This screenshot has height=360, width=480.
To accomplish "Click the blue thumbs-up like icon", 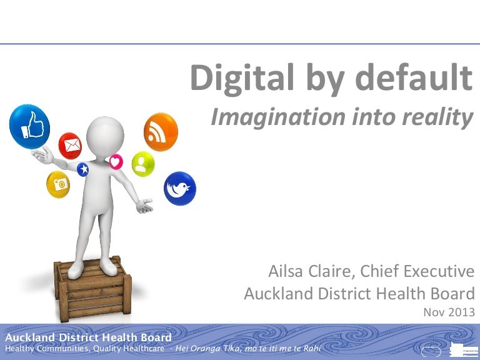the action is coord(30,126).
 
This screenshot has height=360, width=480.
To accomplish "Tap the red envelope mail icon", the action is coord(70,146).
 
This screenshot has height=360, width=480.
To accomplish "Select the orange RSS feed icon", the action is coord(161,132).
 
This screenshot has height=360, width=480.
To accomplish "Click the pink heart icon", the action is coord(116,162).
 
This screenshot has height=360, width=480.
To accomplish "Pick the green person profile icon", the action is coord(143,164).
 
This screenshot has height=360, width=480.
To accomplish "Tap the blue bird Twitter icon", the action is coord(180,188).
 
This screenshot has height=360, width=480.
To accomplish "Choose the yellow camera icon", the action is coord(58,184).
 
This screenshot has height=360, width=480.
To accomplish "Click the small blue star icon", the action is coord(82,169).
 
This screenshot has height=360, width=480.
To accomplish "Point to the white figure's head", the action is coord(105,136).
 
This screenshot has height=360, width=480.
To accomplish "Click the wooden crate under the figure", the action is coord(92,289).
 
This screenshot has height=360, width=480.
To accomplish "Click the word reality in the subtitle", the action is coord(437,118).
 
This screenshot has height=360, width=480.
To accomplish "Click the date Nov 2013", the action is coord(449,312).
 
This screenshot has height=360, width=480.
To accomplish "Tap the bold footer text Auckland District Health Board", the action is coord(89,337).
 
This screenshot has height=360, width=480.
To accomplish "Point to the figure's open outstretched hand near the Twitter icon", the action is coord(144,206).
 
